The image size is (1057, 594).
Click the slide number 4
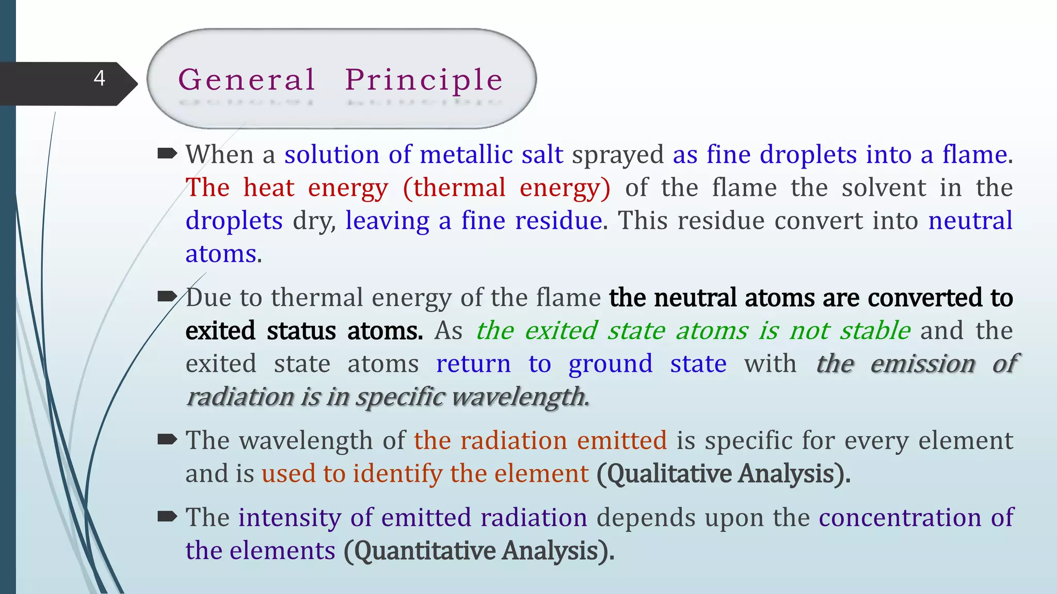coord(100,78)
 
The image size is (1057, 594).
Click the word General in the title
coord(247,80)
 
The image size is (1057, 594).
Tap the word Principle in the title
coord(424,80)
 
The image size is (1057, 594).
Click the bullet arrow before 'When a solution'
coord(167,153)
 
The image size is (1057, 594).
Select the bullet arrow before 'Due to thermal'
coord(167,296)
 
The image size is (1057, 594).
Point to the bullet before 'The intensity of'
coord(167,516)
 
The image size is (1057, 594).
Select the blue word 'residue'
coord(558,221)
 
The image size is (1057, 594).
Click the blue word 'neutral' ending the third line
coord(970,221)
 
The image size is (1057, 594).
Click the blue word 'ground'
coord(611,365)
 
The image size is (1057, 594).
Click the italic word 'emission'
coord(923,364)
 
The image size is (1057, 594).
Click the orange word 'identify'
coord(397,473)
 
